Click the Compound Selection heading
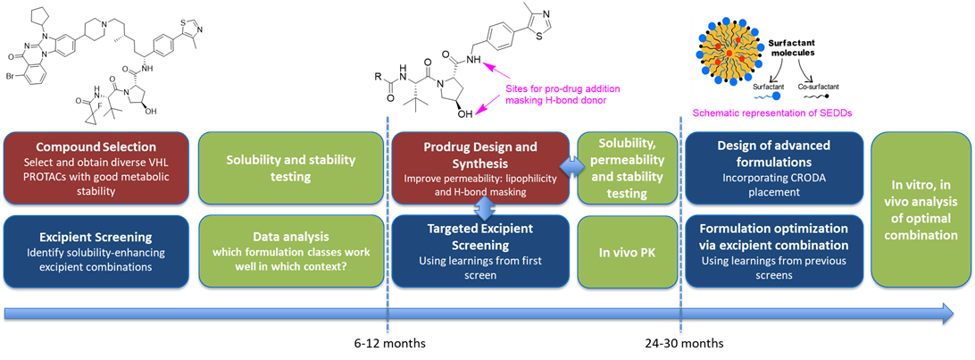[x=96, y=147]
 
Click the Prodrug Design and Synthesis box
[x=480, y=165]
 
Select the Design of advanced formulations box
[x=773, y=165]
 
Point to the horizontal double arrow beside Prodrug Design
[x=571, y=166]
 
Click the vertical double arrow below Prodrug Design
[x=482, y=209]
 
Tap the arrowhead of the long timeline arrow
[x=946, y=313]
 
